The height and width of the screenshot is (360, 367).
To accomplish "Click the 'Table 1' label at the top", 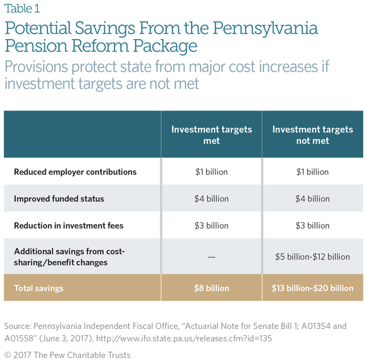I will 22,8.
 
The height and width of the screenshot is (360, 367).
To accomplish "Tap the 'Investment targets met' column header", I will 212,135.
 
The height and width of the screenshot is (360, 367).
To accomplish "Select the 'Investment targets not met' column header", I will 312,135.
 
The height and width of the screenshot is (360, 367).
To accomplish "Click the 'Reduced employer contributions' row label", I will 75,172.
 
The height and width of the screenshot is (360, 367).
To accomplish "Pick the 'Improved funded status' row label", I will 59,199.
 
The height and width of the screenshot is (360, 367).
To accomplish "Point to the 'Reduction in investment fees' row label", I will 68,226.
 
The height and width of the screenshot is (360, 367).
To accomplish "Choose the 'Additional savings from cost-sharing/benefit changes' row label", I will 69,257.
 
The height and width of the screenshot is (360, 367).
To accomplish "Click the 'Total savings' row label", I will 38,288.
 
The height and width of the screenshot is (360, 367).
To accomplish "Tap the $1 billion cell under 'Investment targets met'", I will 212,172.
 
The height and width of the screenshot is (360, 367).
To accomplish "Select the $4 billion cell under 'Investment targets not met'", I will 312,199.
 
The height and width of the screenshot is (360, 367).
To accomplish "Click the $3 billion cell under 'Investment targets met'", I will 212,226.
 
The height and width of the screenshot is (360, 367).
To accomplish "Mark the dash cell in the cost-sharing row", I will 212,257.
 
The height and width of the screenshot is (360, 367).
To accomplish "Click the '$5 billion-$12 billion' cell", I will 312,257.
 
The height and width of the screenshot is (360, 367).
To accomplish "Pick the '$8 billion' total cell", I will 212,288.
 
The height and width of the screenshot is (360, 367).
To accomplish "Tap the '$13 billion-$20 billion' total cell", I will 312,288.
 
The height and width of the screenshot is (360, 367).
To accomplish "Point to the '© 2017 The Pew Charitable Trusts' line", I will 67,355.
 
